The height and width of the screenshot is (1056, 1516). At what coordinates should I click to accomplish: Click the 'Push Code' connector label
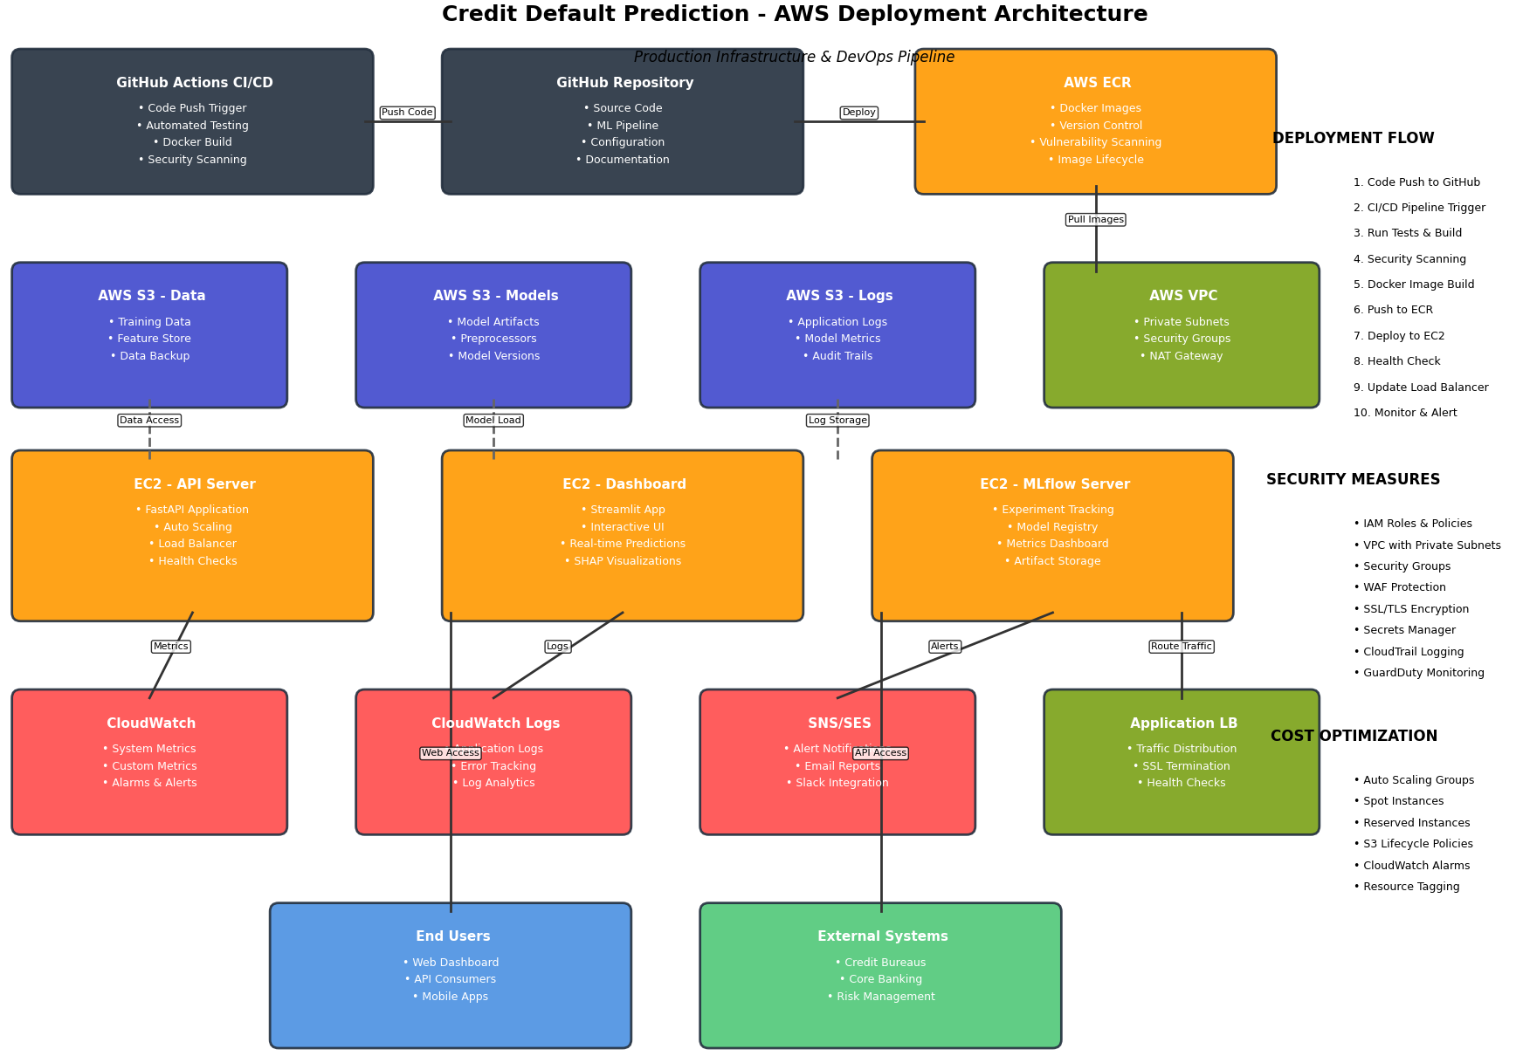pos(407,113)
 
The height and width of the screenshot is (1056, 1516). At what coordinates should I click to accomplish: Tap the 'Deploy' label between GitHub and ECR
pos(858,113)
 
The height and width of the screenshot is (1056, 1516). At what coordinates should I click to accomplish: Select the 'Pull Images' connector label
pos(1095,220)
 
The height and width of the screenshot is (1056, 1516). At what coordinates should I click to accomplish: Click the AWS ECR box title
pos(1097,83)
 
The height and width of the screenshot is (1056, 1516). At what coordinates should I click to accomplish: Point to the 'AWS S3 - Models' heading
pos(495,296)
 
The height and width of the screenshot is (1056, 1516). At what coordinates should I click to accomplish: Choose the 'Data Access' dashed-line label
pos(149,421)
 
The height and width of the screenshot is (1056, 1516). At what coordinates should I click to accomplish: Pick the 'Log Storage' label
pos(837,421)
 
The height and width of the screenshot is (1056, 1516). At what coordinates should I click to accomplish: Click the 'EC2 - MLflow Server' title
pos(1054,484)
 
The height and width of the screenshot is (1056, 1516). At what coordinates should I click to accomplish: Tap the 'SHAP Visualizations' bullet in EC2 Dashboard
pos(623,561)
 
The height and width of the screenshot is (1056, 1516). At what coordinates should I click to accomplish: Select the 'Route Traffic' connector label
pos(1181,647)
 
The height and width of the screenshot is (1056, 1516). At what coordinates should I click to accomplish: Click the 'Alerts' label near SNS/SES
pos(944,647)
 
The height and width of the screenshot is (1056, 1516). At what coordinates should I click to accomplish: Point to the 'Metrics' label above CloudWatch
pos(170,647)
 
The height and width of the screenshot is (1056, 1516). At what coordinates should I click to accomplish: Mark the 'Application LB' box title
pos(1183,723)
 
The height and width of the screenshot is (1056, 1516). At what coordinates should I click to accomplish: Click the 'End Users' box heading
pos(452,936)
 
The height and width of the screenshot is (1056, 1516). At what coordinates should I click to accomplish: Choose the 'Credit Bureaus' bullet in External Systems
pos(880,963)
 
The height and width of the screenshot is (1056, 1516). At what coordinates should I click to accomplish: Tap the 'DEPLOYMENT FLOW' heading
pos(1353,138)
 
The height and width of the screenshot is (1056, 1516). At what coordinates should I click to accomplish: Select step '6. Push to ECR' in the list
pos(1393,310)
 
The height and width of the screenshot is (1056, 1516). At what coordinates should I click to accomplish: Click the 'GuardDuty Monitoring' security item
pos(1418,673)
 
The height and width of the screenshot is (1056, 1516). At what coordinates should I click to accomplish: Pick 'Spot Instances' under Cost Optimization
pos(1398,801)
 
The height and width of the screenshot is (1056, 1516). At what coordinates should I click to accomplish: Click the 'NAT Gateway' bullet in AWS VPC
pos(1181,356)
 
